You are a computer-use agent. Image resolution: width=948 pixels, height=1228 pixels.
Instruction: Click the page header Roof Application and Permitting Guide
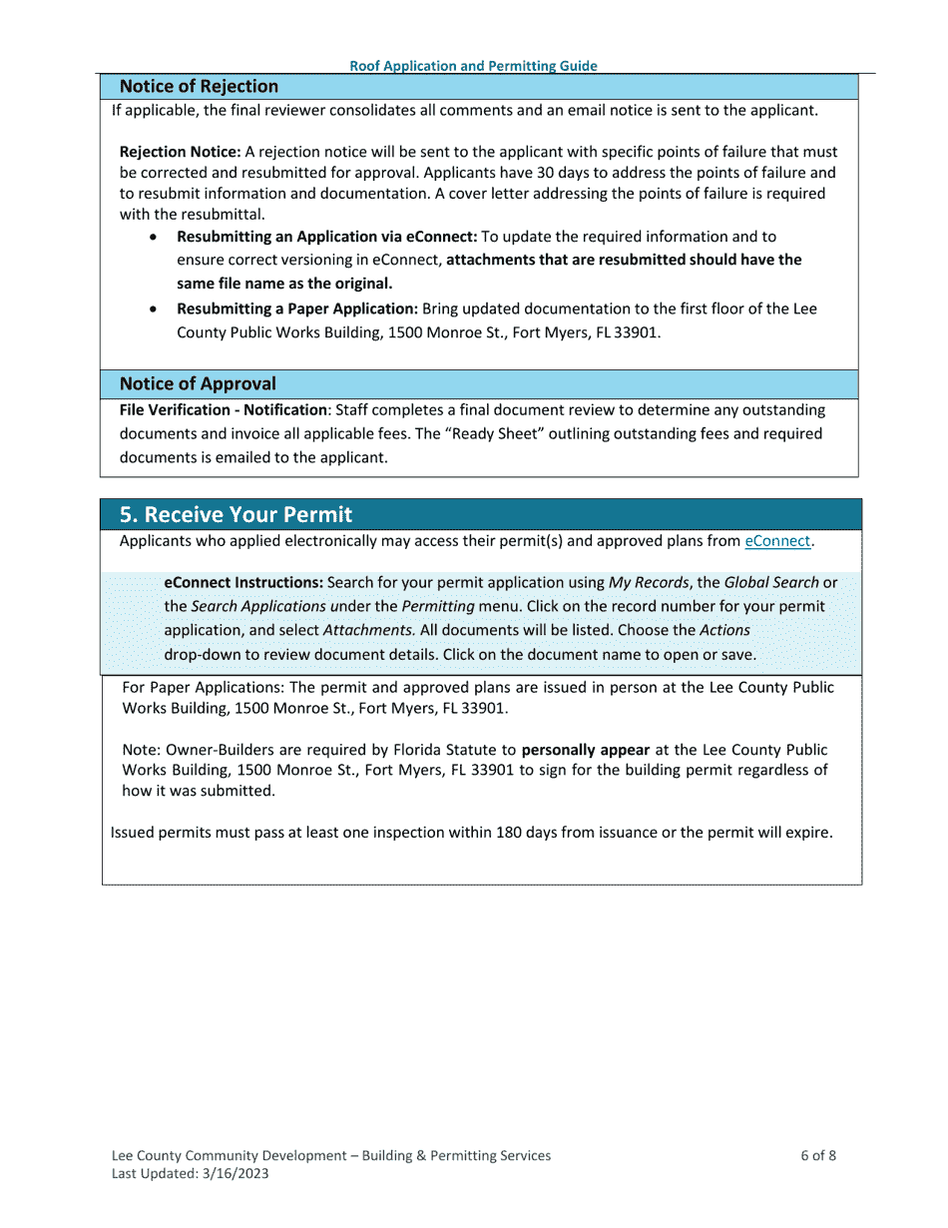point(473,66)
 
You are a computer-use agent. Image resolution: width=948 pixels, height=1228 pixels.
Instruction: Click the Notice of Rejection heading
point(199,87)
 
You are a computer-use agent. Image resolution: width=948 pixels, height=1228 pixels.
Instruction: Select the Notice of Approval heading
point(198,384)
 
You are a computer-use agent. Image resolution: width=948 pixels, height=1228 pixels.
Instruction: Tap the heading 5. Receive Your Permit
point(236,515)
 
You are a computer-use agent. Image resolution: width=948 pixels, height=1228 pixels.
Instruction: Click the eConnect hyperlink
point(777,541)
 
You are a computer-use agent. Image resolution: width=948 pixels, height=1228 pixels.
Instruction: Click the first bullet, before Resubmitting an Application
point(152,238)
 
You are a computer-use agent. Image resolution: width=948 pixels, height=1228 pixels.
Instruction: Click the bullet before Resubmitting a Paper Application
point(152,309)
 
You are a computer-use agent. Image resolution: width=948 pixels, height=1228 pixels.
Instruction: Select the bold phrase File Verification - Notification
point(223,410)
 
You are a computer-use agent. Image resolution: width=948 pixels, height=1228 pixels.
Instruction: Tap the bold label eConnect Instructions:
point(243,582)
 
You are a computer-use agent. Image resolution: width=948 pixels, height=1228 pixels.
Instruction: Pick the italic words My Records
point(649,582)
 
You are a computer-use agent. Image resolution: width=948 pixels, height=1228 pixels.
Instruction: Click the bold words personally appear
point(586,750)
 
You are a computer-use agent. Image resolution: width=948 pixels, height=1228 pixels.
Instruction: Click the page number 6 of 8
point(818,1156)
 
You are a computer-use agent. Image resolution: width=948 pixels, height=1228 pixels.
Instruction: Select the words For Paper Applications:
point(204,688)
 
